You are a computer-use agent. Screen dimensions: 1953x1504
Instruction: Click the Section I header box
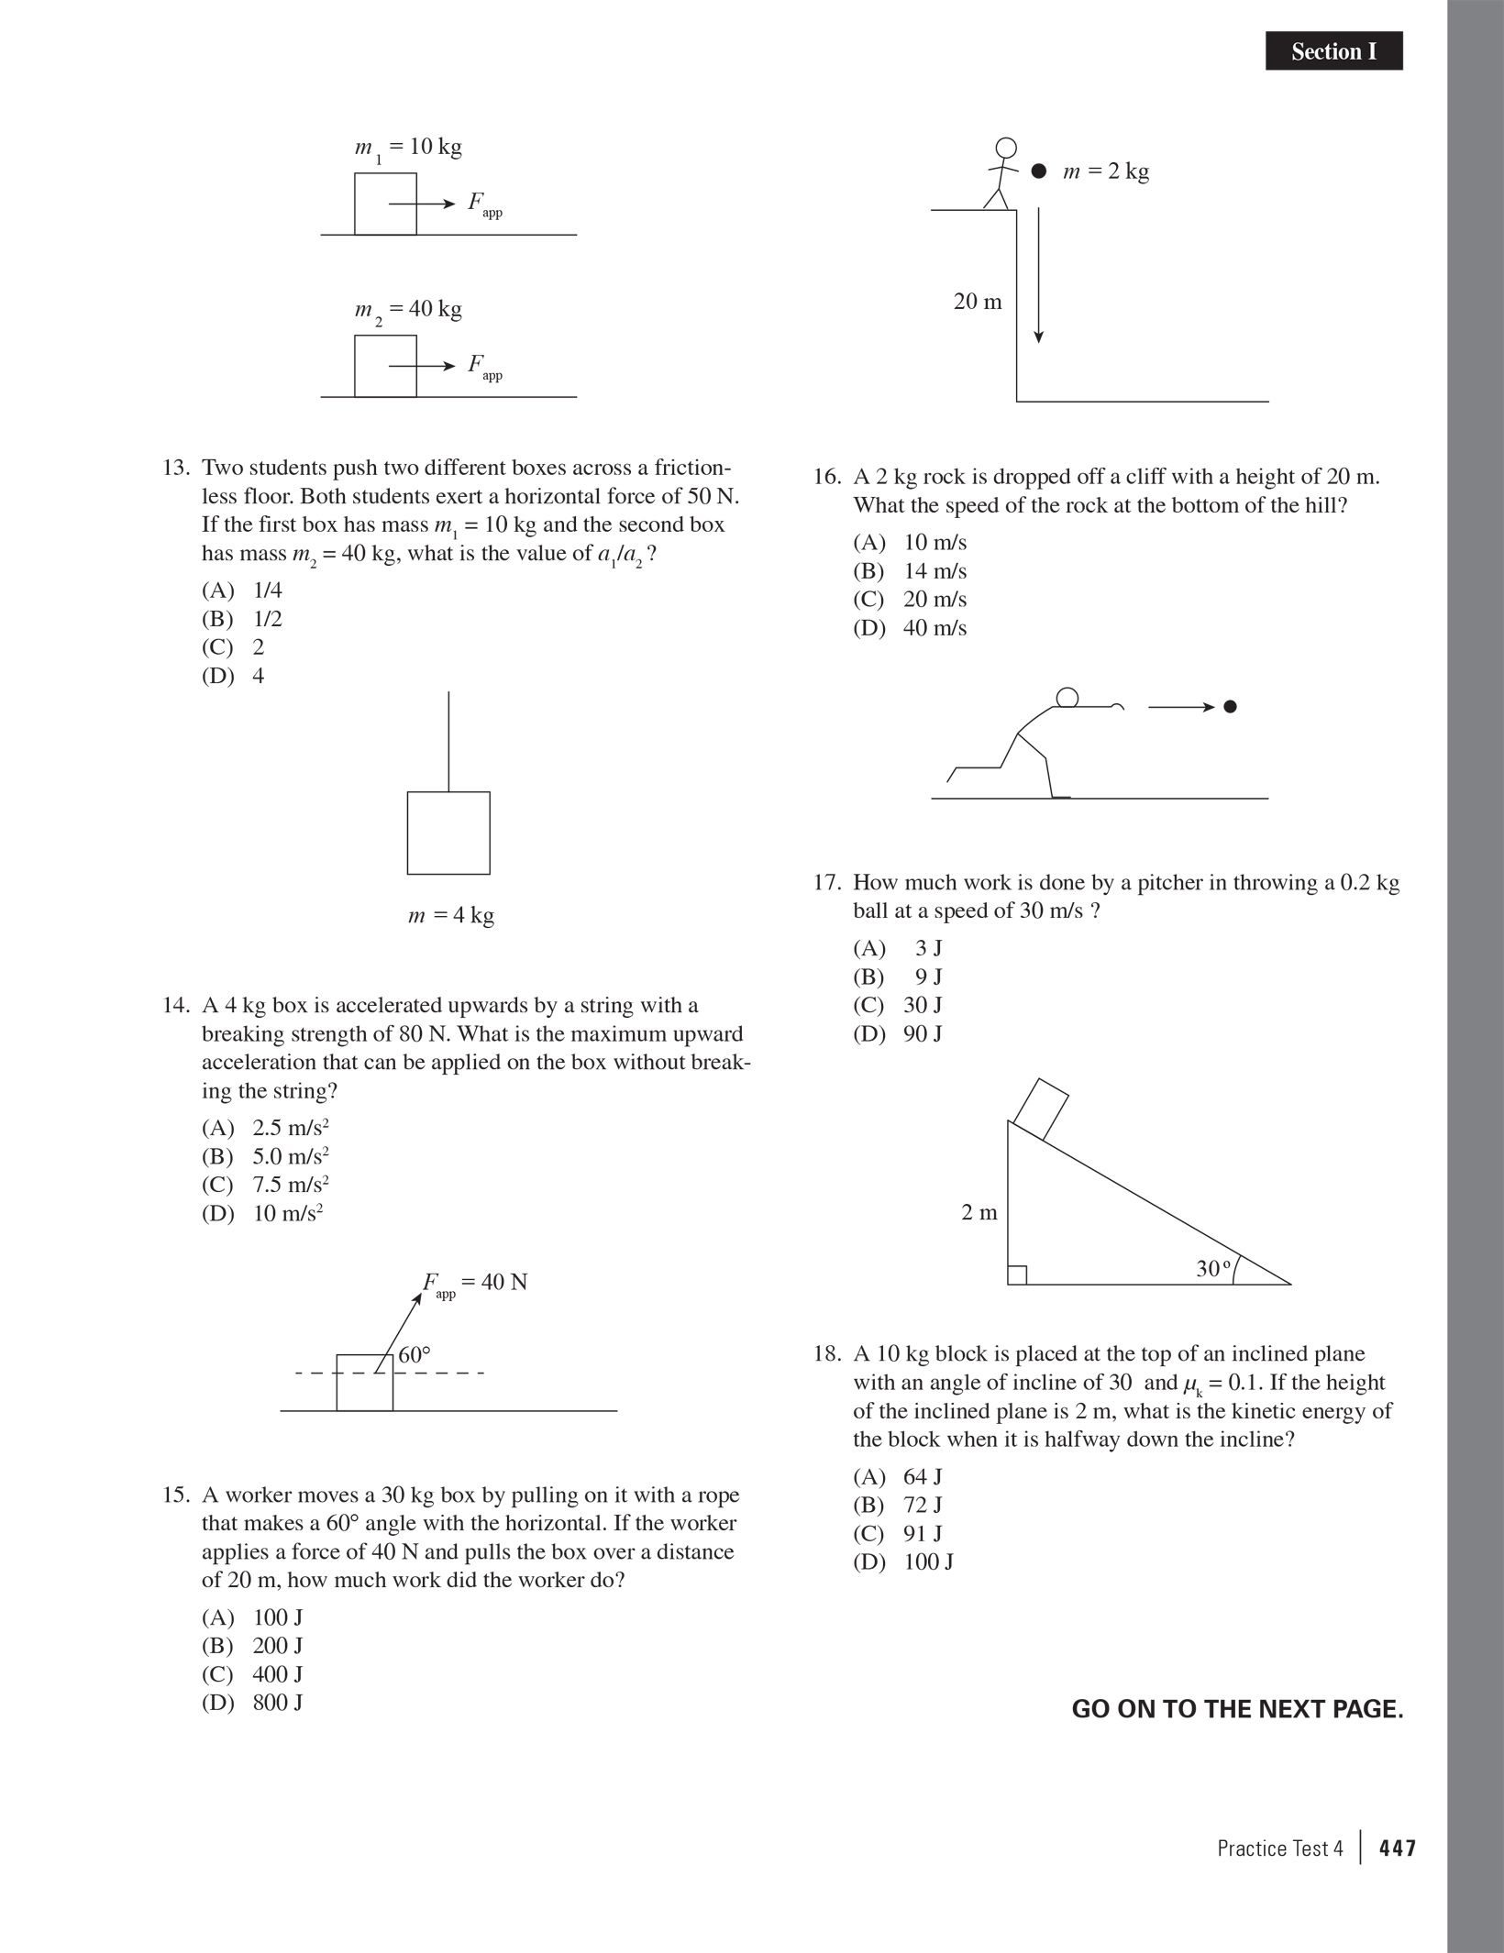click(1333, 51)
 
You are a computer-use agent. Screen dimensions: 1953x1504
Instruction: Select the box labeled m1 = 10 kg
click(385, 204)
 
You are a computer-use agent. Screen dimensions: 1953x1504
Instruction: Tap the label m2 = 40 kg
click(408, 310)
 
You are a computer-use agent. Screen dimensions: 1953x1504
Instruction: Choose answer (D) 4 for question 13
click(233, 676)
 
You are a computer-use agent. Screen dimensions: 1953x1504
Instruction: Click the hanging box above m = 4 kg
click(448, 833)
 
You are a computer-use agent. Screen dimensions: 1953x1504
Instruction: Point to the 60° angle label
click(415, 1355)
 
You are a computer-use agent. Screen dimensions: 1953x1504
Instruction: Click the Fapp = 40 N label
click(475, 1283)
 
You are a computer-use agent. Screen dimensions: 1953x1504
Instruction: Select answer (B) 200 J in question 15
click(252, 1646)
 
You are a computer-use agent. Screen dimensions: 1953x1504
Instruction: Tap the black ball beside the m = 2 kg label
click(1038, 171)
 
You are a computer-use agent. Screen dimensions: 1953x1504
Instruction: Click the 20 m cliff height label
click(978, 302)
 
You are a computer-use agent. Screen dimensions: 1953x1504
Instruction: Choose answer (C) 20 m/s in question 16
click(910, 600)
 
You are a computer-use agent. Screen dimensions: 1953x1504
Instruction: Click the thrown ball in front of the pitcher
click(1231, 707)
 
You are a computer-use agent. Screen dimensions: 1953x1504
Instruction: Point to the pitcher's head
click(1067, 698)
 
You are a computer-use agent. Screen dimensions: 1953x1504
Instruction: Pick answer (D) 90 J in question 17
click(898, 1033)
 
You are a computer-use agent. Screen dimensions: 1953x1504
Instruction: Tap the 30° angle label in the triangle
click(1212, 1269)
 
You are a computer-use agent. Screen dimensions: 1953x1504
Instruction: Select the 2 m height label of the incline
click(979, 1213)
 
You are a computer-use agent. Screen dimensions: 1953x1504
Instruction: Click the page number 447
click(1398, 1848)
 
